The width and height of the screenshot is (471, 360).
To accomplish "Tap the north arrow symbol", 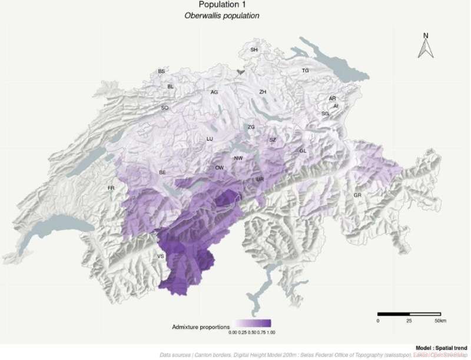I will (x=425, y=46).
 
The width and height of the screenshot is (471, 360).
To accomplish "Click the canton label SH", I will (x=254, y=50).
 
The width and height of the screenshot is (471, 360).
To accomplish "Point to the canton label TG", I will (x=305, y=71).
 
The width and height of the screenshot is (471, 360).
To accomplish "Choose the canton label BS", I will (x=161, y=72).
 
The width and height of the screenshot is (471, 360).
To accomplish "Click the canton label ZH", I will (x=263, y=92).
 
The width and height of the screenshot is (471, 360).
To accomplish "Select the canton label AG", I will (x=214, y=92).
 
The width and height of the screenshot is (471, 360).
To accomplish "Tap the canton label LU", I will (x=209, y=139).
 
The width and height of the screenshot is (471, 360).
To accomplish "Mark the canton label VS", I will (x=160, y=256).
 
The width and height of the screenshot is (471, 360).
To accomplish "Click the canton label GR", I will (x=357, y=195).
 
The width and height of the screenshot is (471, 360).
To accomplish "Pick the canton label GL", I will (x=303, y=151).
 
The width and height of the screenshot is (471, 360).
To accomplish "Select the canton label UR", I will (x=260, y=179).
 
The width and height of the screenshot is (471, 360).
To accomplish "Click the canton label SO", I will (x=165, y=108).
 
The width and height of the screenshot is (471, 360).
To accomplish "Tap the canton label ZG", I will (x=251, y=127).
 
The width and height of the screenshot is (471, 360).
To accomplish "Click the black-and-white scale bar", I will (x=406, y=313).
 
